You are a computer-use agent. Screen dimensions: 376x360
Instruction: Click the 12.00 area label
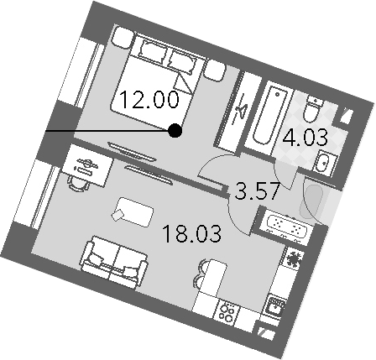[x=149, y=100]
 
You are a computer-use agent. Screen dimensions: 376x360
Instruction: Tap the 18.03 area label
[x=191, y=234]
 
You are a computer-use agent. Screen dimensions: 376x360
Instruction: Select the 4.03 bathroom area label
[x=305, y=138]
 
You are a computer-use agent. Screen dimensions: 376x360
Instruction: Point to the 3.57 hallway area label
[x=257, y=190]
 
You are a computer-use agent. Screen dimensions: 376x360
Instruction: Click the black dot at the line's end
[x=175, y=131]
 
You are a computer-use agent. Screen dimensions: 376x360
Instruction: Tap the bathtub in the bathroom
[x=268, y=116]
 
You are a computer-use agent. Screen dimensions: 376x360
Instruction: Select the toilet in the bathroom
[x=313, y=108]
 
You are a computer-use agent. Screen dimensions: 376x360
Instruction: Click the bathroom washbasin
[x=324, y=163]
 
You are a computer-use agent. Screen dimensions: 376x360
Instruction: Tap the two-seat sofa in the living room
[x=113, y=262]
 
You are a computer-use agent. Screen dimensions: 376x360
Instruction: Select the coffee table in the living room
[x=133, y=212]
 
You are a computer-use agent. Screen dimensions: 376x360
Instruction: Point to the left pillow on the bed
[x=153, y=51]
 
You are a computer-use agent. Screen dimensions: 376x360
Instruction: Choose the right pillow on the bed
[x=182, y=63]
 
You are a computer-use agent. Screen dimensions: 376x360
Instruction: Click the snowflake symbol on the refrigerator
[x=294, y=258]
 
